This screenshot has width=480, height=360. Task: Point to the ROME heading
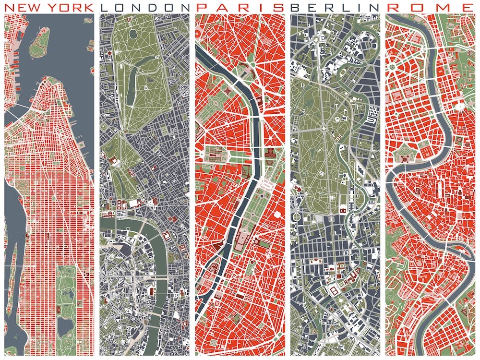430,7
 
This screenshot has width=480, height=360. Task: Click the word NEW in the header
22,7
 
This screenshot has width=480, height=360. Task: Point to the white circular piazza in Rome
460,105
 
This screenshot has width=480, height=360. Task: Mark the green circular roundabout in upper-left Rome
393,67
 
